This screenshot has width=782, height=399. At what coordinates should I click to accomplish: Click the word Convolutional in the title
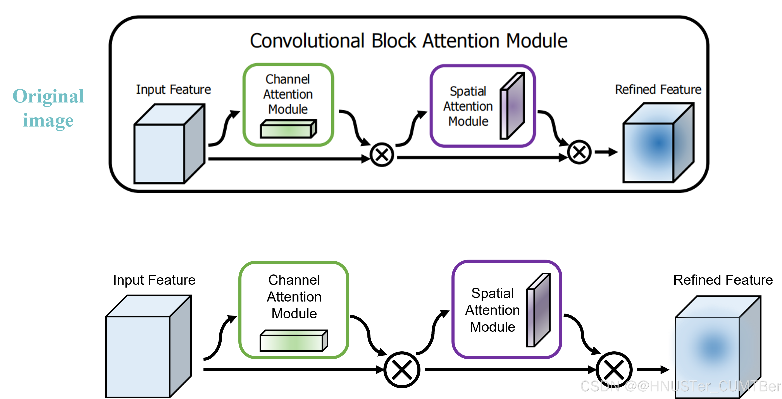pos(307,41)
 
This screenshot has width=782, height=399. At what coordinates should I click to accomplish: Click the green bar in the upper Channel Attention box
pos(288,129)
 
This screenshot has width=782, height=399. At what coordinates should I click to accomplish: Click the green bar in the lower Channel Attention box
pos(294,341)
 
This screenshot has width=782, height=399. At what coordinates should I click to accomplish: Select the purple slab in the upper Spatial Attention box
pos(512,106)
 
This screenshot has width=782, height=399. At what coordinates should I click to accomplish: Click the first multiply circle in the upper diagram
pos(382,155)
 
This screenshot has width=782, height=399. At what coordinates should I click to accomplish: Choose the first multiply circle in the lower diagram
pos(402,370)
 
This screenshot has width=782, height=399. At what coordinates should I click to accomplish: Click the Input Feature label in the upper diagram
pos(173,90)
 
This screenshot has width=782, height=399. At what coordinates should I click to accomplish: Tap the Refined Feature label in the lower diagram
pos(723,280)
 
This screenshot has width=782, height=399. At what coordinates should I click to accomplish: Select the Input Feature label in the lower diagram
pos(154,280)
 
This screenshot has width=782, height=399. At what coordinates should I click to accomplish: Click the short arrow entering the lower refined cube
pos(653,370)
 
